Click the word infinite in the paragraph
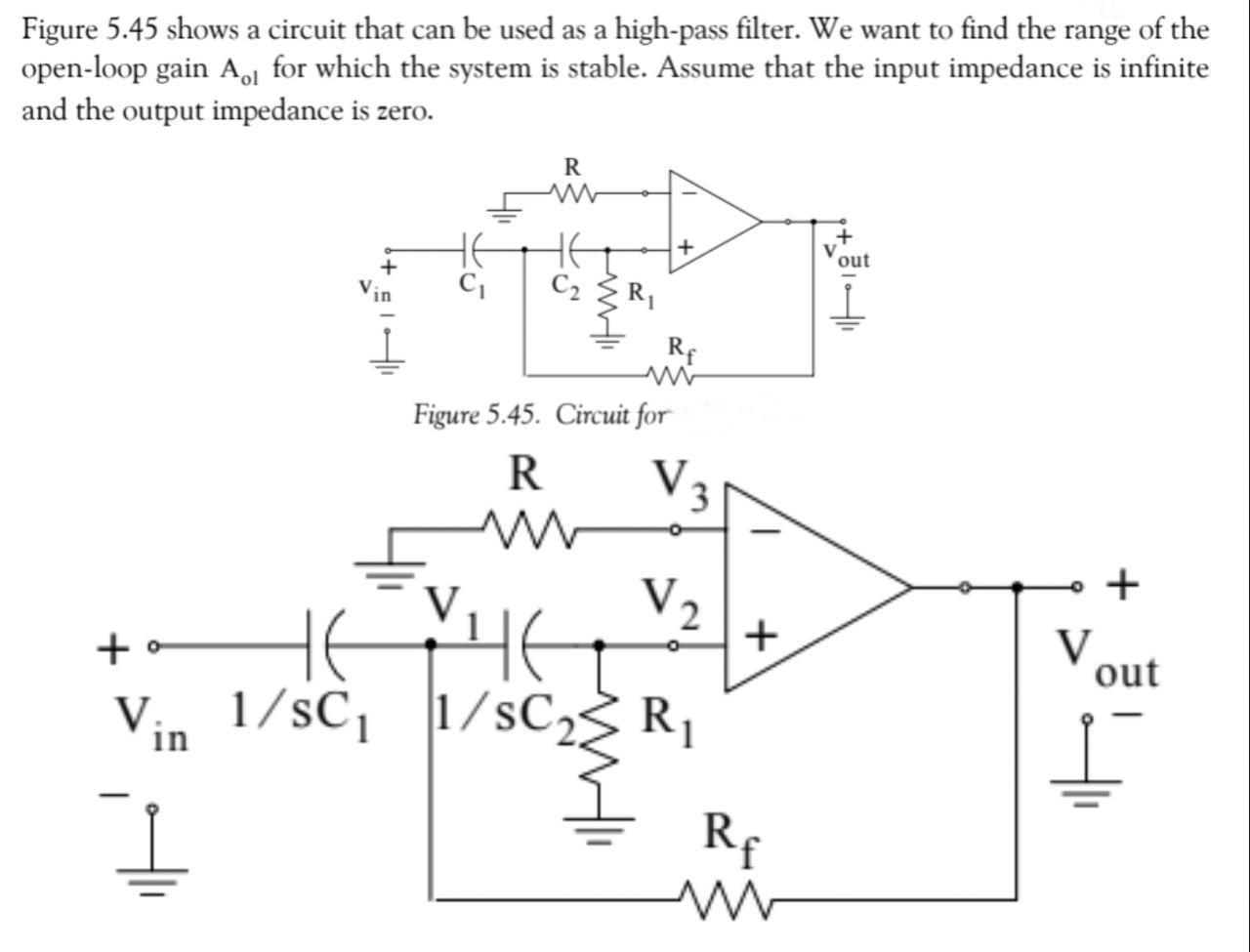click(1161, 69)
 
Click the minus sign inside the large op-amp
click(769, 531)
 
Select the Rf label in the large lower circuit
click(730, 838)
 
